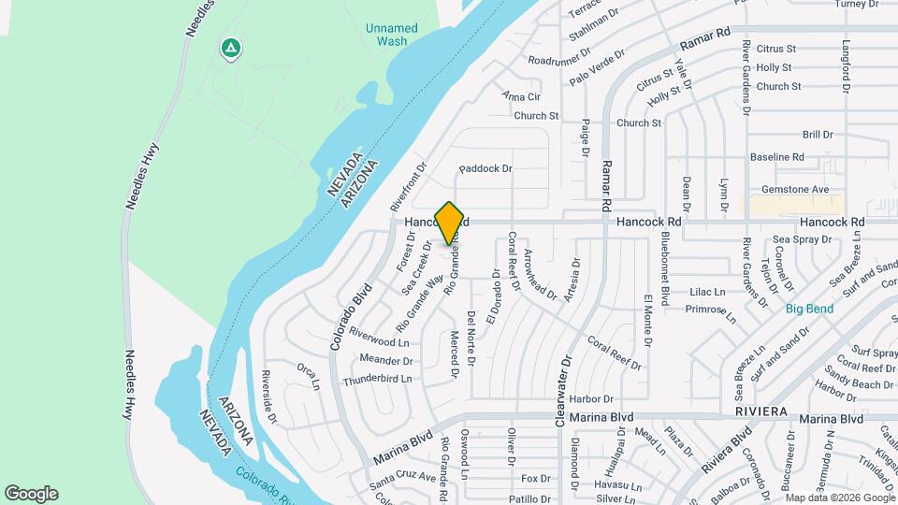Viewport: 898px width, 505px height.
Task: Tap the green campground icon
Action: point(229,47)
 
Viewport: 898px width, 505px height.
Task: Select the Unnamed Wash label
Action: point(392,35)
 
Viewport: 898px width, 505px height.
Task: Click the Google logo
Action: point(31,494)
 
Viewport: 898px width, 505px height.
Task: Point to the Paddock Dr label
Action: point(485,169)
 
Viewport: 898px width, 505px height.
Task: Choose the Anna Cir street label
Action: point(521,96)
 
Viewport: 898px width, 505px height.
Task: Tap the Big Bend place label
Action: point(808,309)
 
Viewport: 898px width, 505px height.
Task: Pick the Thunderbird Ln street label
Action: point(377,380)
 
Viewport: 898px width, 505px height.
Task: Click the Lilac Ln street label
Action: point(707,292)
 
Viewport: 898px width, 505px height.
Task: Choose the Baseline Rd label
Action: point(777,157)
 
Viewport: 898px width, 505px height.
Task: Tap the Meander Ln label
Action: point(384,359)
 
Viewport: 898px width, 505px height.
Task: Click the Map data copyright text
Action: point(838,498)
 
